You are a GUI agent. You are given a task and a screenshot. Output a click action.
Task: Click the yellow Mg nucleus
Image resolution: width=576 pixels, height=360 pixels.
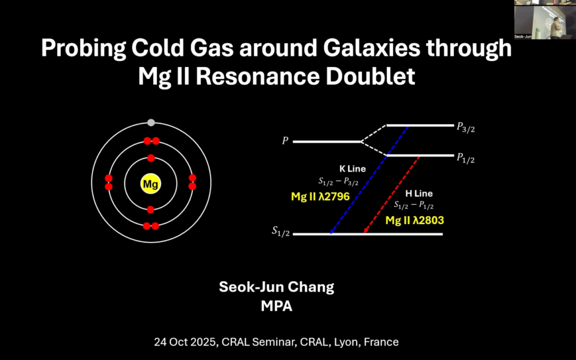[151, 184]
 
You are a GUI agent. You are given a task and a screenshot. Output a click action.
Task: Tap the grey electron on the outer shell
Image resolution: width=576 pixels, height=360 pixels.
[151, 123]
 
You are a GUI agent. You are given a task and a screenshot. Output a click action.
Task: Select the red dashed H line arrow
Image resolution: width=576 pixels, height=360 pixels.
[392, 194]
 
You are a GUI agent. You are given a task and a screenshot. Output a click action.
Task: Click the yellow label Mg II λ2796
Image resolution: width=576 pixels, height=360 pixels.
[320, 197]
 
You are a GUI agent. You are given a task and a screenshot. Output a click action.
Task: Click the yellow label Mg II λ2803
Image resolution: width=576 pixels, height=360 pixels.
[414, 219]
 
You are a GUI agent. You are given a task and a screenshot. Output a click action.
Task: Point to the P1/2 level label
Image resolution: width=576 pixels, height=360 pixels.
[466, 158]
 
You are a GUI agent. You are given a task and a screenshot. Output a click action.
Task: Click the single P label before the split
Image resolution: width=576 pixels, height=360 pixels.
[285, 142]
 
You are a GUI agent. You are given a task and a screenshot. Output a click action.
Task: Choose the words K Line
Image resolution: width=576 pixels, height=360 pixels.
[353, 169]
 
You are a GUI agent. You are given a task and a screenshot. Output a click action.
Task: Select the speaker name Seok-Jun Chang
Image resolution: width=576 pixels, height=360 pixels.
[276, 287]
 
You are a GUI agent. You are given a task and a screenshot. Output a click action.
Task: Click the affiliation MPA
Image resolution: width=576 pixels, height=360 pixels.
[276, 307]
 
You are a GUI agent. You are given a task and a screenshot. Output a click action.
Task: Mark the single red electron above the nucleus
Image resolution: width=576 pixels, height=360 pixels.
[151, 158]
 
